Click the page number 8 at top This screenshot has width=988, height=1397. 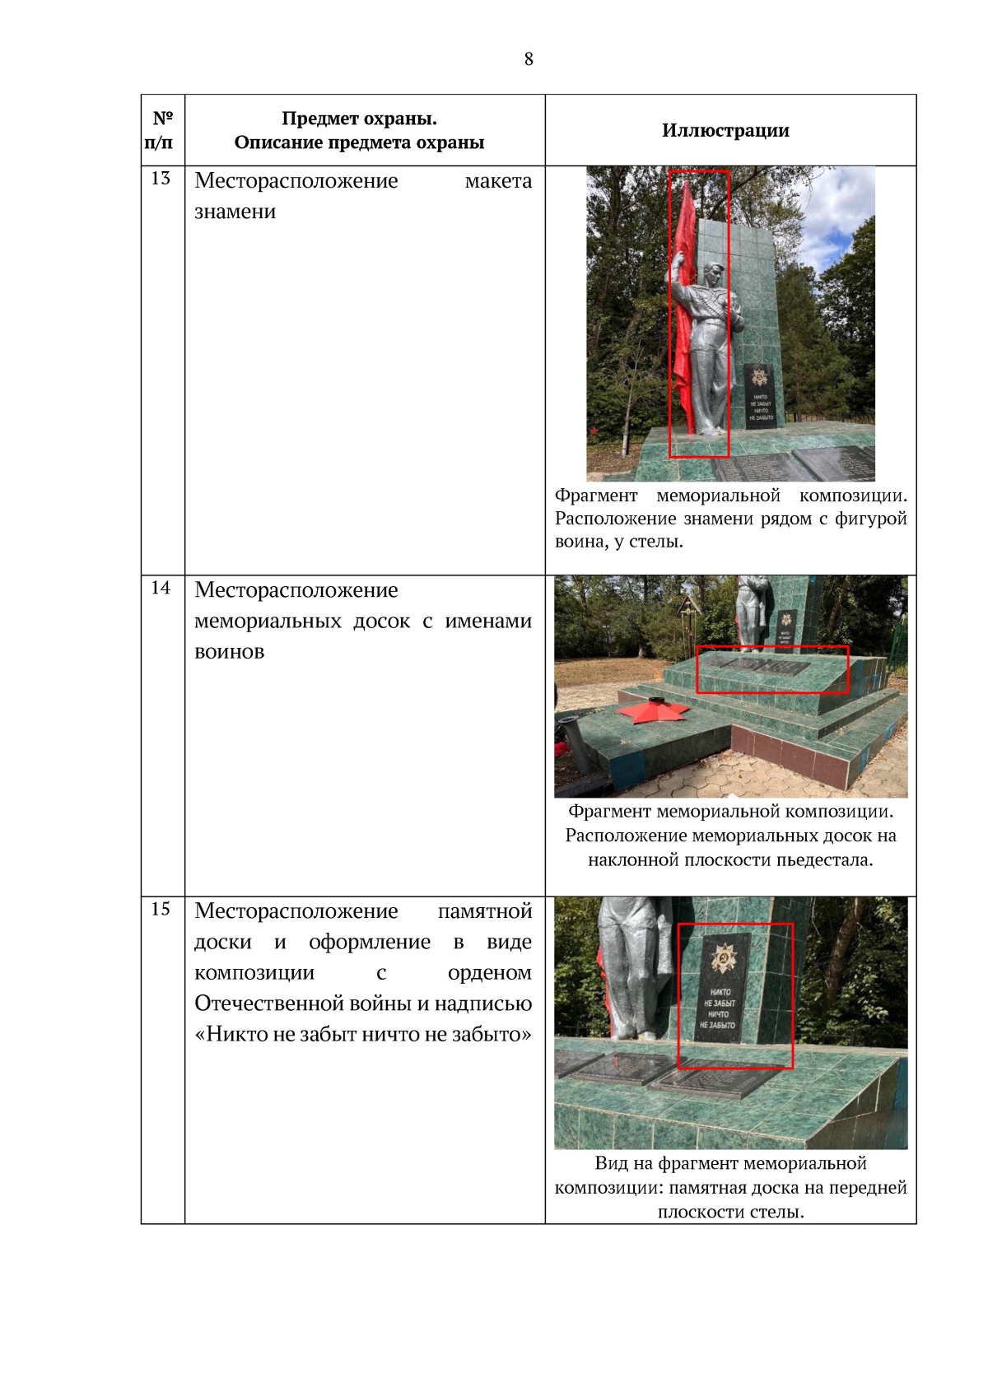[529, 59]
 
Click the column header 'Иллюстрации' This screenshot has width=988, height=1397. [725, 130]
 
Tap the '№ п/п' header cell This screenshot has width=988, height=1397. [161, 130]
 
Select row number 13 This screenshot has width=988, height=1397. [161, 179]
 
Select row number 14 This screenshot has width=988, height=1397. [161, 588]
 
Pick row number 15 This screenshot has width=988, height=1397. [161, 909]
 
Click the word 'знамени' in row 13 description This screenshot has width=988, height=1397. [235, 212]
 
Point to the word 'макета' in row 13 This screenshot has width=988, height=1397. [498, 181]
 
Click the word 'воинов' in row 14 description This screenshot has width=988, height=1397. [229, 652]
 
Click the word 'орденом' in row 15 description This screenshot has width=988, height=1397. [490, 973]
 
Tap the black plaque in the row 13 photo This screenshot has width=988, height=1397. [760, 397]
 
